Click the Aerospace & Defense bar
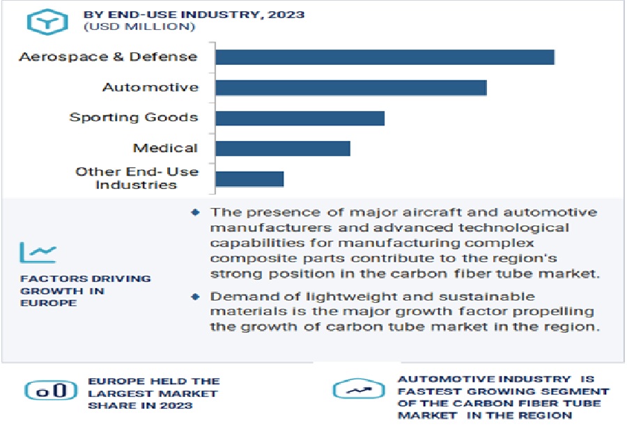[385, 57]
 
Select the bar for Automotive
[350, 87]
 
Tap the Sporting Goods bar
[300, 117]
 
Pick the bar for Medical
[282, 148]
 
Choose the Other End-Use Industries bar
[249, 179]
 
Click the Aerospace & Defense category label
[108, 57]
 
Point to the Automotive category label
[150, 87]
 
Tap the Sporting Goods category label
[134, 117]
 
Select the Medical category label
[165, 148]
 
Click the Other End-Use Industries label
[137, 178]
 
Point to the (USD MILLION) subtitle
[139, 27]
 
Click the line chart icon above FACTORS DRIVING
[38, 252]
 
